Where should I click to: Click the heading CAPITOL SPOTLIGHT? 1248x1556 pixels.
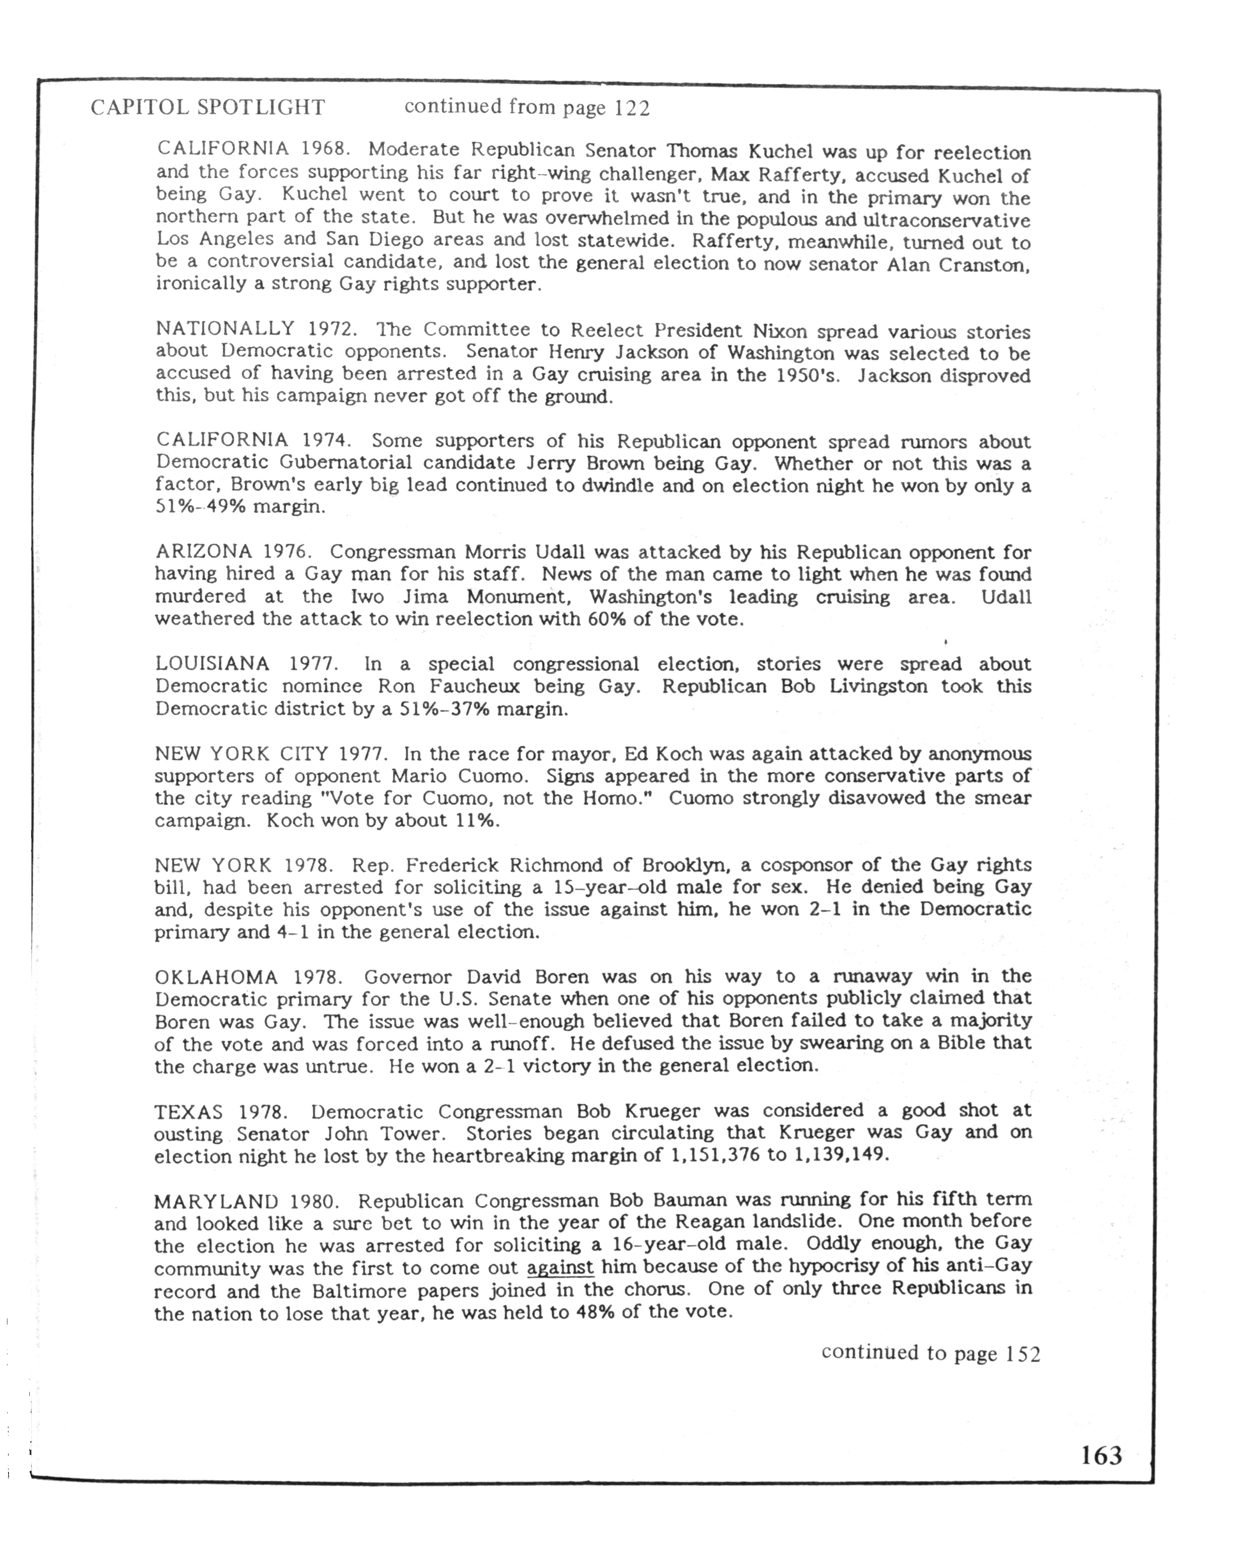pyautogui.click(x=208, y=108)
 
